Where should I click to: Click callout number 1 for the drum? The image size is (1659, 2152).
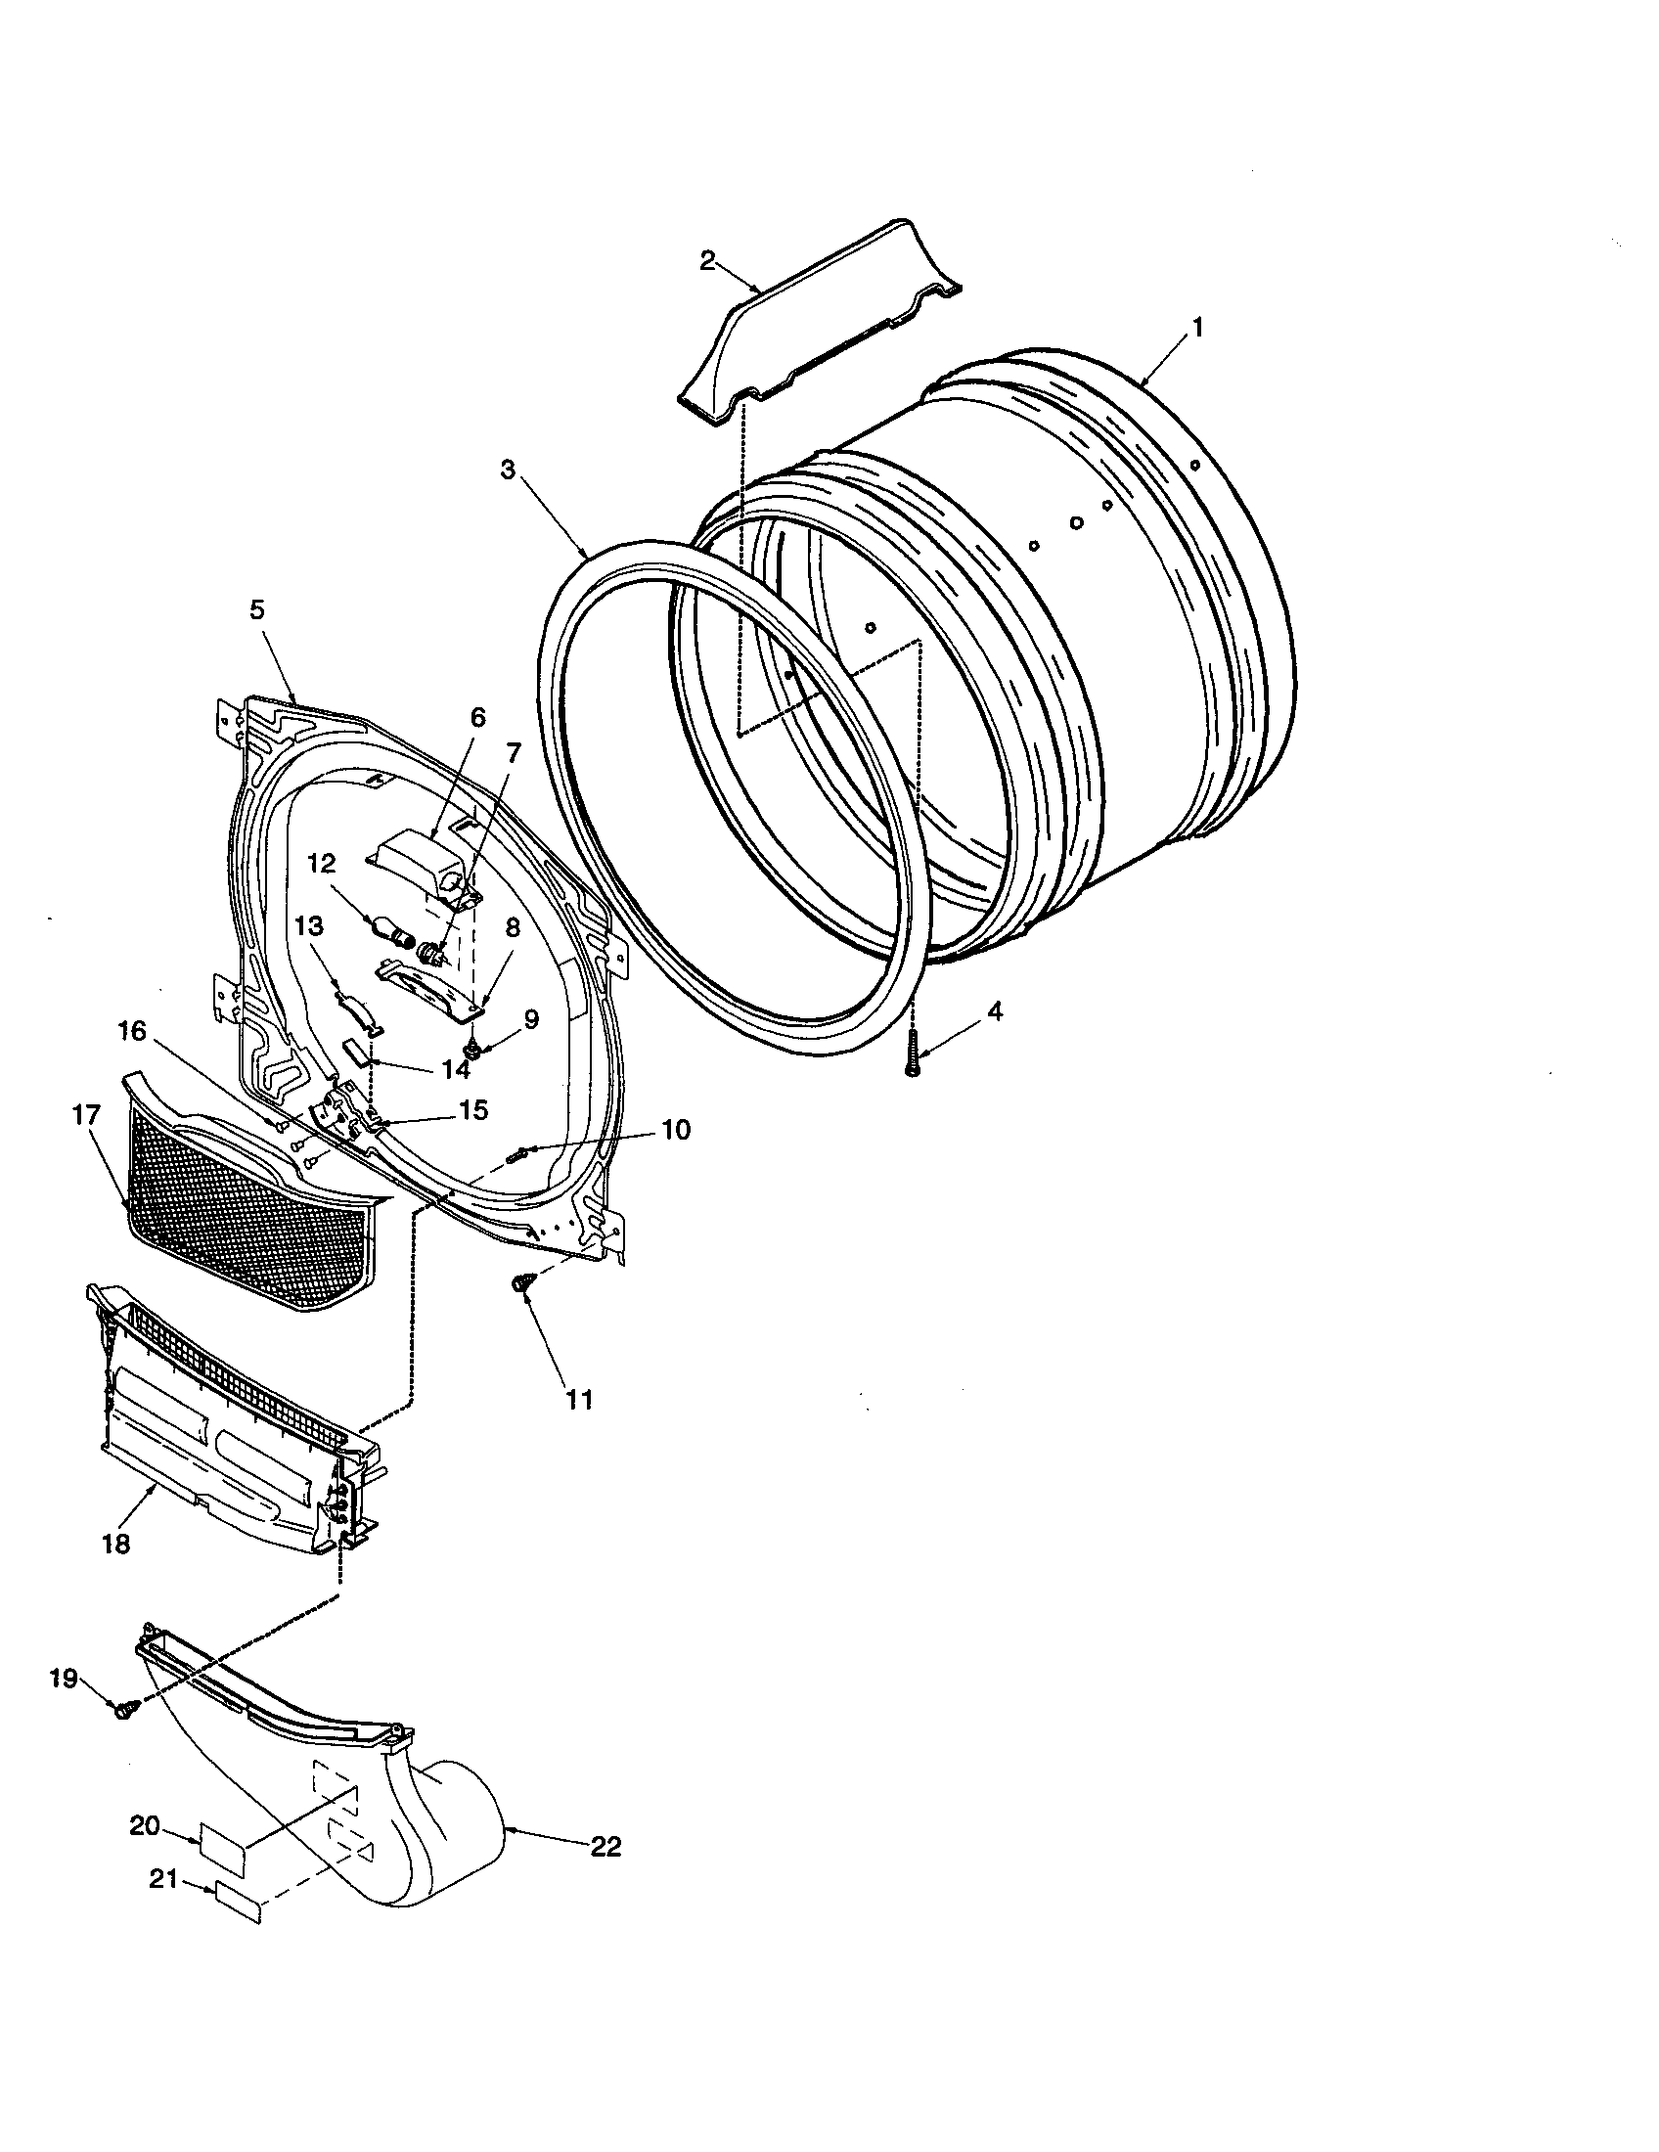(x=1197, y=328)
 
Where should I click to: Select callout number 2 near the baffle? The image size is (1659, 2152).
(x=707, y=260)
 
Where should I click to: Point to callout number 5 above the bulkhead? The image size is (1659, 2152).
(x=256, y=610)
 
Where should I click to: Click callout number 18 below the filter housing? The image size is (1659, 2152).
(x=115, y=1544)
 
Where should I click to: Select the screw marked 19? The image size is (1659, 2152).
(x=126, y=1712)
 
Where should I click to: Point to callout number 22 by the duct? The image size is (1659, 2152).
(x=605, y=1847)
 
